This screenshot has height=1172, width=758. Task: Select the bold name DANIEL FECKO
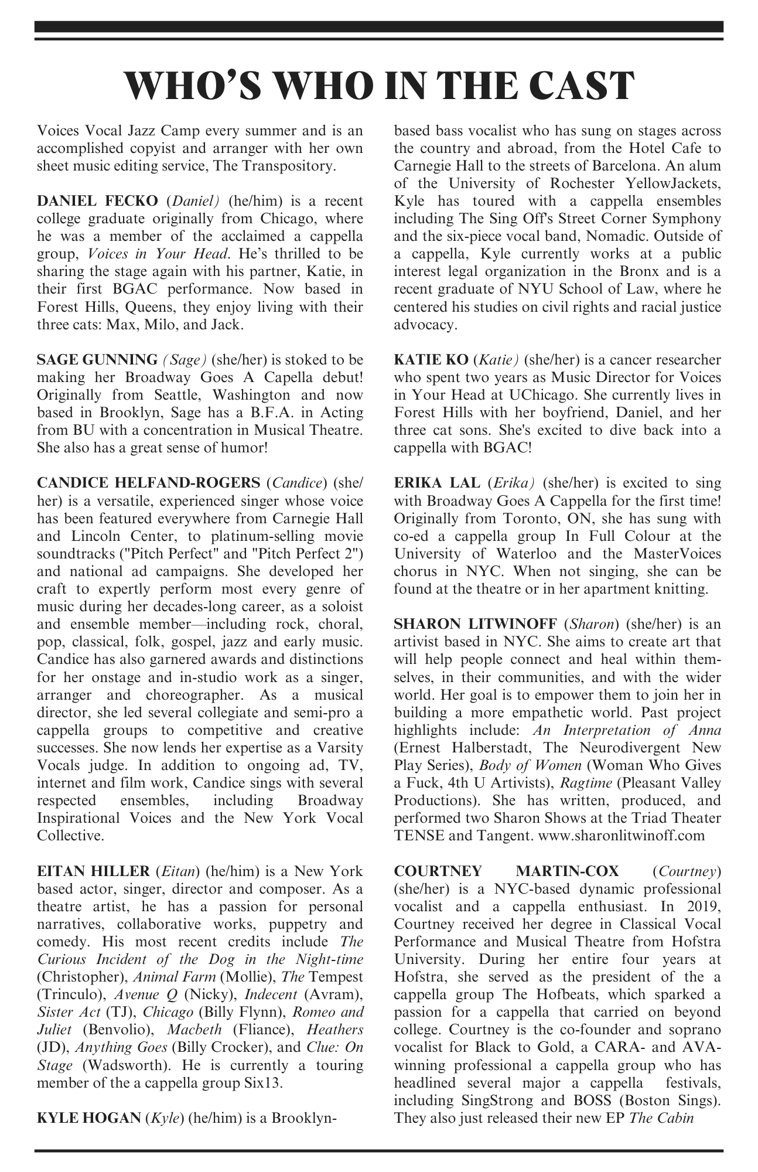pyautogui.click(x=97, y=201)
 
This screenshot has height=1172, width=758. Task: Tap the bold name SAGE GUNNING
pyautogui.click(x=97, y=359)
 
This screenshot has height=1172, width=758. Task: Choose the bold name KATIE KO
pyautogui.click(x=430, y=359)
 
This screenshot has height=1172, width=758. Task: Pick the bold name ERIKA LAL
pyautogui.click(x=435, y=483)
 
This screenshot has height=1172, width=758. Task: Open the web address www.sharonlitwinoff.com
pyautogui.click(x=621, y=836)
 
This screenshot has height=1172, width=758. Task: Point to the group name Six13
pyautogui.click(x=264, y=1083)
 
